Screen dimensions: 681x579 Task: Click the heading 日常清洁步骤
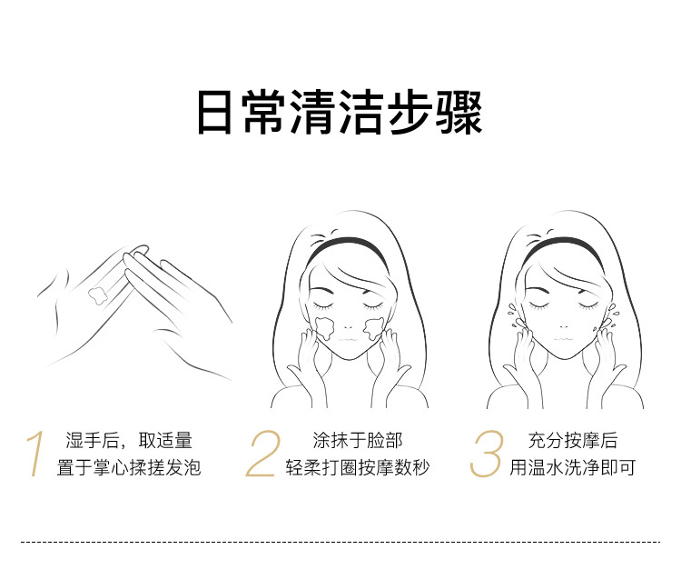tap(340, 112)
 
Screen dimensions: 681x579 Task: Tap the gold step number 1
tap(36, 454)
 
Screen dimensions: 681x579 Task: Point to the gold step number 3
tap(487, 454)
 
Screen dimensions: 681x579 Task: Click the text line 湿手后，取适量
tap(129, 440)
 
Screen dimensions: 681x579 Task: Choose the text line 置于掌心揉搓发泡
tap(129, 468)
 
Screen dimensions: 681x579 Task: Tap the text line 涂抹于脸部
tap(358, 440)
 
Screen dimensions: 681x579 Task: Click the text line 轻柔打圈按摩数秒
tap(358, 468)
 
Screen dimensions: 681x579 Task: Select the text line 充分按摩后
tap(572, 440)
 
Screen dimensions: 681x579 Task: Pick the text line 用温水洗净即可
tap(572, 468)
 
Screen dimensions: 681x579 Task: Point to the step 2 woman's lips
tap(348, 338)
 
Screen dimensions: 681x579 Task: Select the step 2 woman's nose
tap(348, 326)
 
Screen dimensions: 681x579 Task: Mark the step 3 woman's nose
tap(564, 326)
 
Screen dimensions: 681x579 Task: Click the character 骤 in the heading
tap(459, 112)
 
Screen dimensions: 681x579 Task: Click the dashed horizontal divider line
tap(340, 542)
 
